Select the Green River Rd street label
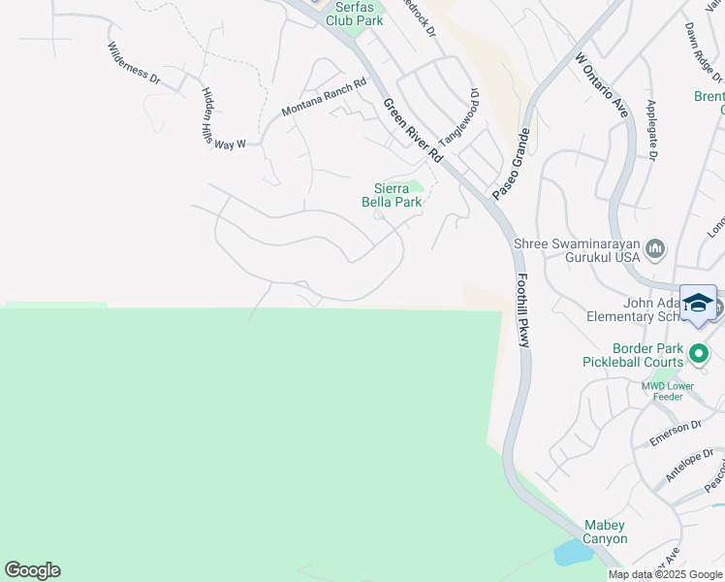tap(413, 130)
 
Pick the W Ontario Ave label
tap(601, 85)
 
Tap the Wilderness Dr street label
tap(134, 64)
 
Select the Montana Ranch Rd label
tap(324, 97)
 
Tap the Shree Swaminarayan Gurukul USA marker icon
tap(655, 249)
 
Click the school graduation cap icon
tap(698, 303)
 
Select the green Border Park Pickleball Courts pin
tap(700, 355)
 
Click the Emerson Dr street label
tap(676, 433)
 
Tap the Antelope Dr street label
tap(689, 467)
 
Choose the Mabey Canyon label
tap(605, 532)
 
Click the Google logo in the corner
tap(32, 570)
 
